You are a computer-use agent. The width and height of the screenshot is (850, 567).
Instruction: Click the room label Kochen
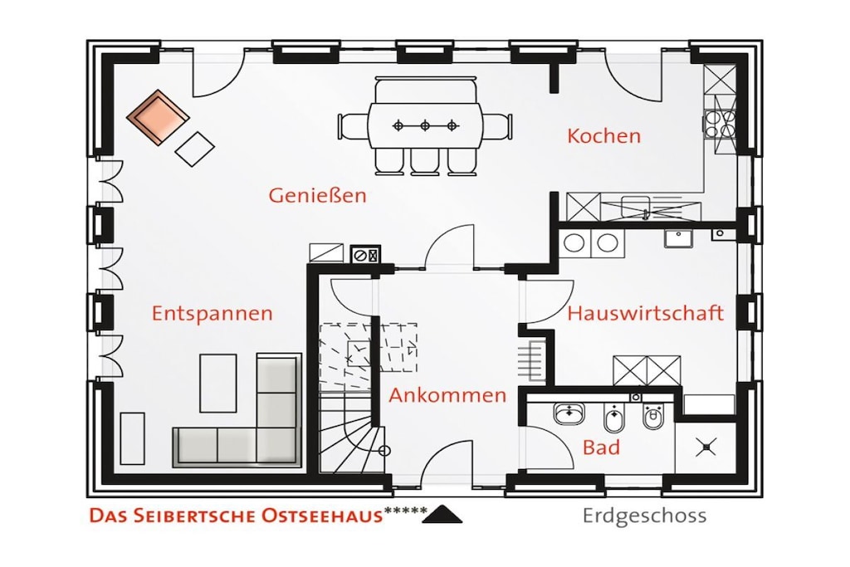tap(604, 135)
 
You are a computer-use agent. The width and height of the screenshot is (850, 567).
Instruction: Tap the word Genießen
tap(318, 195)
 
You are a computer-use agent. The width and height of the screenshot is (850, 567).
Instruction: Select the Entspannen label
tap(212, 314)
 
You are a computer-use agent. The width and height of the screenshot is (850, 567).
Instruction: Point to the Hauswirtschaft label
tap(646, 313)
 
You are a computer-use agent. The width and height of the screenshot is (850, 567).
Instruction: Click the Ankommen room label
tap(447, 395)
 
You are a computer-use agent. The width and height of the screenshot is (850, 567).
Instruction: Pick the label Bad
tap(601, 447)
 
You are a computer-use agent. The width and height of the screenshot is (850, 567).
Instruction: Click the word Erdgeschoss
tap(644, 516)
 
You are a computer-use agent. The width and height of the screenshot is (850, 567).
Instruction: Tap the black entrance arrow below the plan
tap(442, 514)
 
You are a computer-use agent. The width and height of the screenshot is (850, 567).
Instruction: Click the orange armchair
tap(158, 118)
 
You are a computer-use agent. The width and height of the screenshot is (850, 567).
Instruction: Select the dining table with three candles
tap(425, 125)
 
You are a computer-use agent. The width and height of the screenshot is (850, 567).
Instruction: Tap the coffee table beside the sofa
tap(218, 384)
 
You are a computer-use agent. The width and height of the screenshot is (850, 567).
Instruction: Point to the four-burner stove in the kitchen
tap(720, 125)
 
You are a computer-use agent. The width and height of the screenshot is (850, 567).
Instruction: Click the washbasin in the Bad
tap(569, 413)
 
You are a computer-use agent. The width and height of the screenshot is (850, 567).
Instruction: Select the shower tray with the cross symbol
tap(706, 447)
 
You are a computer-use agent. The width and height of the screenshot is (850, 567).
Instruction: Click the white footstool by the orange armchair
tap(194, 149)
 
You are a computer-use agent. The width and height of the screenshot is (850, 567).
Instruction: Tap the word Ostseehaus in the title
tap(322, 516)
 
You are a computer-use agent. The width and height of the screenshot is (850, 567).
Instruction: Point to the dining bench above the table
tap(426, 90)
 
